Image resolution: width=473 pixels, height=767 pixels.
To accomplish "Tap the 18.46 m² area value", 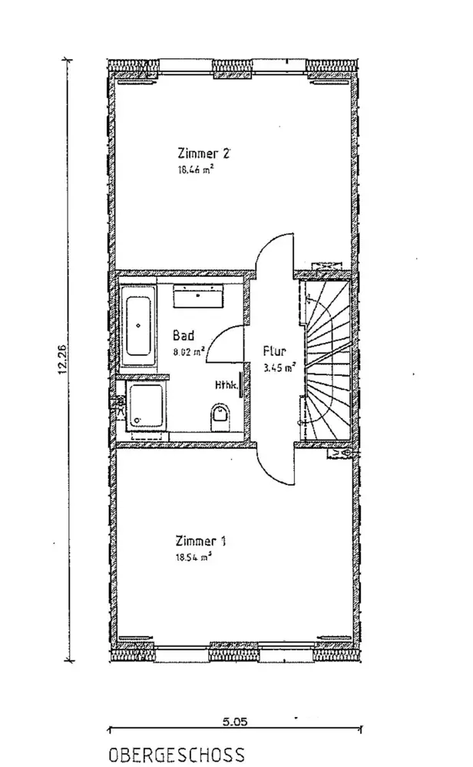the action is (193, 172).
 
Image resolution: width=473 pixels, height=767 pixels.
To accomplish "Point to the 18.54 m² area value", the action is (193, 558).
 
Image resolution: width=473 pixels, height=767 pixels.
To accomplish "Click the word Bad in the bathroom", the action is (184, 336).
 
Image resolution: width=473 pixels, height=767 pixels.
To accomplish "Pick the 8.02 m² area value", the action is (188, 352).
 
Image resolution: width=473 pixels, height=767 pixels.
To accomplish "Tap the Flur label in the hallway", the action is (274, 350).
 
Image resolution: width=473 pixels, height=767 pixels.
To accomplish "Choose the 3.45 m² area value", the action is (279, 367).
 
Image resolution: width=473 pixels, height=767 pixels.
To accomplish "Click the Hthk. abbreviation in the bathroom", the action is (226, 386).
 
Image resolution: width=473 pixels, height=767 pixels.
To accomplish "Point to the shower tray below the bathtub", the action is (145, 405).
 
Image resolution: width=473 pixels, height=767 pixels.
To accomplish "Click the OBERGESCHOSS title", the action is (177, 755).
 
